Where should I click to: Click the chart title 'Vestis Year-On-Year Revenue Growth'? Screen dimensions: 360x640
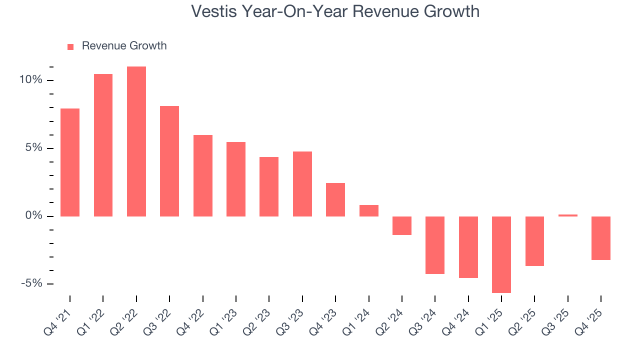click(x=335, y=11)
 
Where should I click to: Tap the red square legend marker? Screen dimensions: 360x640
click(x=70, y=47)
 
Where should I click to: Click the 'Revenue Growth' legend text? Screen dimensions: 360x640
click(x=124, y=46)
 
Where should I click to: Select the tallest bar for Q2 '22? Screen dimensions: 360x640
click(x=136, y=141)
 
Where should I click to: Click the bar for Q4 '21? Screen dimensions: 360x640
click(x=70, y=162)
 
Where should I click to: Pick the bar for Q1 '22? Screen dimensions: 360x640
click(x=103, y=145)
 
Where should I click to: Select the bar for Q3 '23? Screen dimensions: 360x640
click(x=302, y=184)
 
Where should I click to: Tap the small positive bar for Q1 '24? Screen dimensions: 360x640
click(x=368, y=210)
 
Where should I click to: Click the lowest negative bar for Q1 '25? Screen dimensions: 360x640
click(x=501, y=254)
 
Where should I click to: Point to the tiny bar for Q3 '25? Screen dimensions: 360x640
click(x=567, y=215)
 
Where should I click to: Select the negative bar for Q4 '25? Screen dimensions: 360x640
click(x=600, y=238)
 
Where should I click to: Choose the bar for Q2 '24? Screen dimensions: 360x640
click(x=401, y=225)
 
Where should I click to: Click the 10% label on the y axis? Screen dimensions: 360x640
click(x=30, y=80)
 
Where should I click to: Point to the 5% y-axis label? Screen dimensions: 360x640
click(x=33, y=148)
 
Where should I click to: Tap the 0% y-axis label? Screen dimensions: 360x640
click(x=33, y=216)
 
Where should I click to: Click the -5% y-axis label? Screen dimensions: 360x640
click(x=31, y=283)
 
